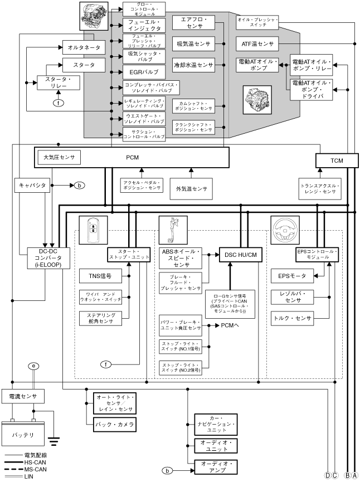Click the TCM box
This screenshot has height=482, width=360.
tap(336, 160)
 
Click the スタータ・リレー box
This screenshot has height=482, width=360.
tap(59, 83)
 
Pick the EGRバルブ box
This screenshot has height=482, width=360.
tap(144, 72)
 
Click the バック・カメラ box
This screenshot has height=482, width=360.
tap(111, 425)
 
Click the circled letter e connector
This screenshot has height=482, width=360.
tap(35, 366)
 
